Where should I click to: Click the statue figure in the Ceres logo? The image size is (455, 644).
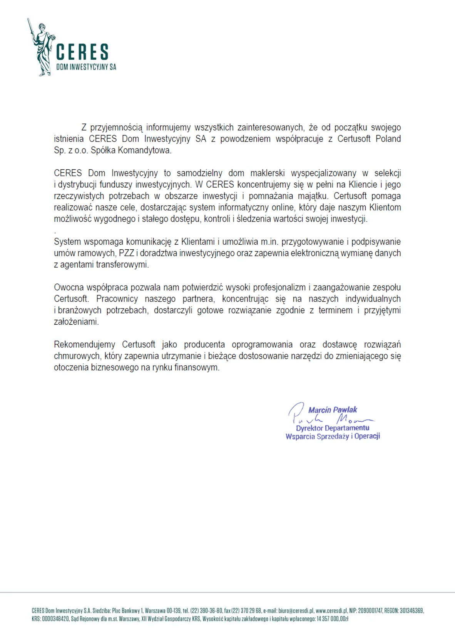pos(42,48)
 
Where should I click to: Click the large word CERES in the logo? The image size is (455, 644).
pos(82,52)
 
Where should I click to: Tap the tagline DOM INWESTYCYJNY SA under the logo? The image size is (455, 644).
pos(86,67)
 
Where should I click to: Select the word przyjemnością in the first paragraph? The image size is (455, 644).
pos(116,128)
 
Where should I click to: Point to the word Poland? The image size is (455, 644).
pos(388,139)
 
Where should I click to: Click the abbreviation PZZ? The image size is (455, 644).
pos(126,253)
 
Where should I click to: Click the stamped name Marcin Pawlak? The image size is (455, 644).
pos(333,410)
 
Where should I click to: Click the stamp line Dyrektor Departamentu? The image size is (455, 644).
pos(333,428)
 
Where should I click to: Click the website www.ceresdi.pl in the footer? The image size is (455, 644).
pos(331,611)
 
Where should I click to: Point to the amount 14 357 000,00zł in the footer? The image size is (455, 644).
pos(332,619)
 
